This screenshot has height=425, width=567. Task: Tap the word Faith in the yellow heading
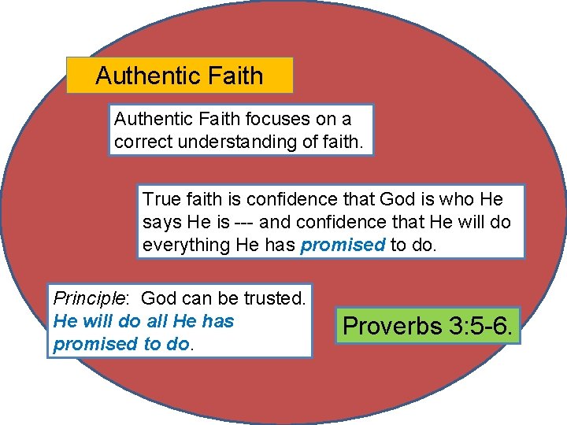pyautogui.click(x=232, y=76)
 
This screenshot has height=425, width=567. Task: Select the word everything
pyautogui.click(x=186, y=245)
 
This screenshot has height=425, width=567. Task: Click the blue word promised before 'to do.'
pyautogui.click(x=343, y=245)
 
